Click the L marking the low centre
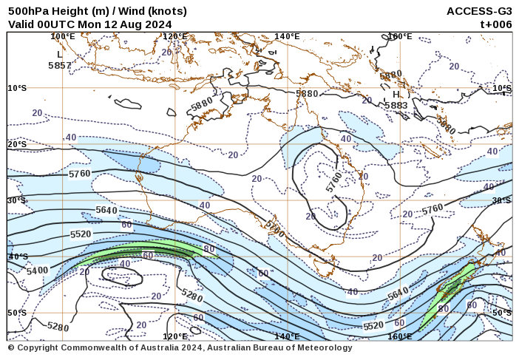pyautogui.click(x=60, y=54)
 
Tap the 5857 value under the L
pyautogui.click(x=60, y=65)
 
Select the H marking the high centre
pyautogui.click(x=396, y=95)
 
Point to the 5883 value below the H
pyautogui.click(x=396, y=106)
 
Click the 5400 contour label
pyautogui.click(x=37, y=271)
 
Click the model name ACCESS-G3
pyautogui.click(x=479, y=11)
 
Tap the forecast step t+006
pyautogui.click(x=496, y=24)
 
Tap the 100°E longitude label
pyautogui.click(x=63, y=36)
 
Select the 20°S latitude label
pyautogui.click(x=17, y=144)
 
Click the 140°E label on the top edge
pyautogui.click(x=287, y=36)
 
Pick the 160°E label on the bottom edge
pyautogui.click(x=400, y=336)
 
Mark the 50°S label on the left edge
pyautogui.click(x=17, y=313)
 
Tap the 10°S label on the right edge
pyautogui.click(x=502, y=89)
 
